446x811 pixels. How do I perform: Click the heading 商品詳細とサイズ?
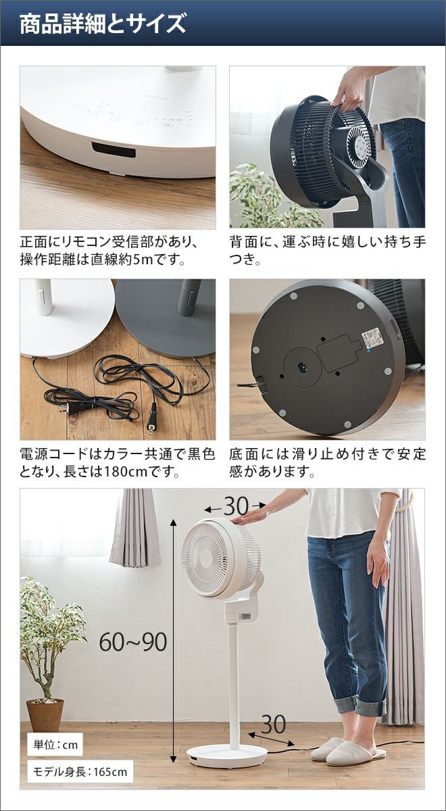coord(103,24)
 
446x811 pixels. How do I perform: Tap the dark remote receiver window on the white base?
coord(114,149)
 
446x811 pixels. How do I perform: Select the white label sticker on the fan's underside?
coord(372,336)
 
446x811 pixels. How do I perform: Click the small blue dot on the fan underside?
coord(368,351)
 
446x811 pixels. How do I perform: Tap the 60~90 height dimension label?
coord(133,641)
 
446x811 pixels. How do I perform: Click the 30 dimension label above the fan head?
coord(236,506)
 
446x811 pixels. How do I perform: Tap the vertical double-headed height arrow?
coord(174,632)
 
